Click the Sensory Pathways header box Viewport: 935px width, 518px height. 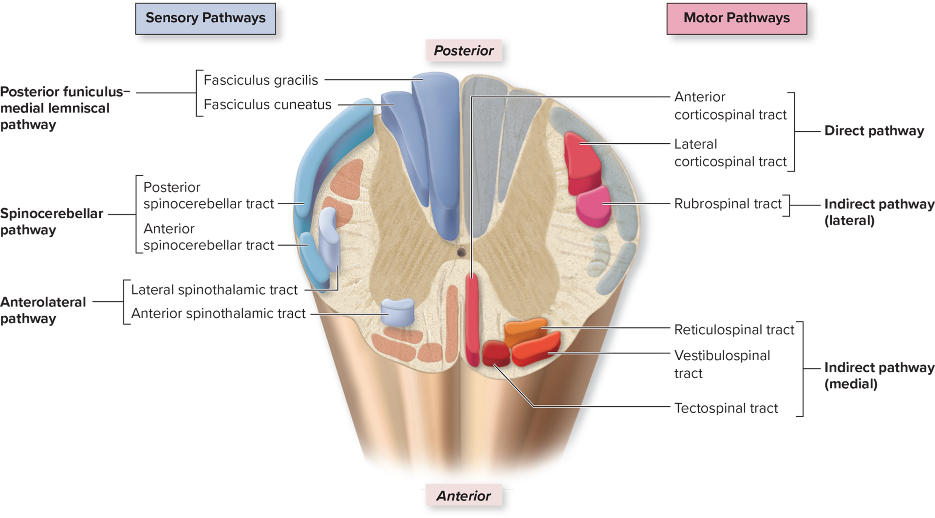[x=205, y=19]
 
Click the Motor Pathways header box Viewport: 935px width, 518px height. [x=736, y=19]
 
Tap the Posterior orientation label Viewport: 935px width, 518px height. [x=464, y=51]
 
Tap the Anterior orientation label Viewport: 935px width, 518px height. [x=464, y=496]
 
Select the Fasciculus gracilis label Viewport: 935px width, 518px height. [x=261, y=80]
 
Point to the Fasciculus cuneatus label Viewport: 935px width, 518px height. [x=267, y=105]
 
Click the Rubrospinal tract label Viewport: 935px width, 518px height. [x=728, y=204]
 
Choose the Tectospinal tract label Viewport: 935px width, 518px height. [x=726, y=408]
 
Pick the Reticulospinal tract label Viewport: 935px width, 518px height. [x=734, y=330]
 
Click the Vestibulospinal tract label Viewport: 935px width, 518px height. [x=722, y=364]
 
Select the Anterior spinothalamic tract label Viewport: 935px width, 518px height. [x=218, y=313]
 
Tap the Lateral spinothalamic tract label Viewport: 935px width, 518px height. [x=214, y=290]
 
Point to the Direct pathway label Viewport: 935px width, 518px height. [x=874, y=131]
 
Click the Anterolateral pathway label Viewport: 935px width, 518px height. [x=43, y=310]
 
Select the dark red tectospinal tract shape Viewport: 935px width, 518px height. [x=495, y=353]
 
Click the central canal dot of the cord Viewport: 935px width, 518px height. [x=461, y=252]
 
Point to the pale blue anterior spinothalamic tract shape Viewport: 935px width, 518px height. [x=397, y=311]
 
